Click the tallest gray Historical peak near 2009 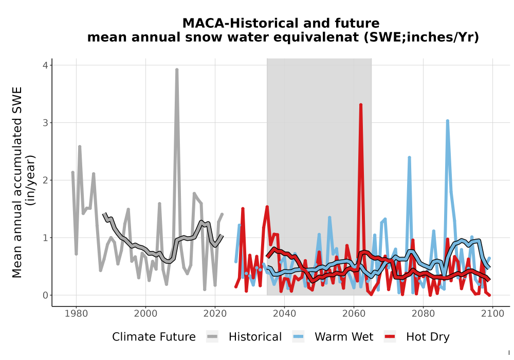click(x=177, y=70)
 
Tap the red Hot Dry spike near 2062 click(x=361, y=105)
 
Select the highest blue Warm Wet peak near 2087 click(x=448, y=121)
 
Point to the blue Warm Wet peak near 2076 click(x=410, y=158)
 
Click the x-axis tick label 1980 click(x=77, y=314)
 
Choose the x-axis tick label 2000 click(x=145, y=314)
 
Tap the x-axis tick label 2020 click(x=215, y=314)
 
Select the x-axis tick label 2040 click(x=285, y=314)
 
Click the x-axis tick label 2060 click(x=354, y=314)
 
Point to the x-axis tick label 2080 click(x=423, y=314)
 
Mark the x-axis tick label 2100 click(x=492, y=314)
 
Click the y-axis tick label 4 click(x=45, y=65)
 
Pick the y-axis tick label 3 click(x=45, y=123)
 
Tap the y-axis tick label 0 click(x=45, y=295)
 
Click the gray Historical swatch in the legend click(x=212, y=337)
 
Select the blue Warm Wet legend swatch click(x=298, y=337)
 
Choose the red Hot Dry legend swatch click(x=390, y=337)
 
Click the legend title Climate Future click(x=154, y=337)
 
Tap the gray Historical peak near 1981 click(x=80, y=147)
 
